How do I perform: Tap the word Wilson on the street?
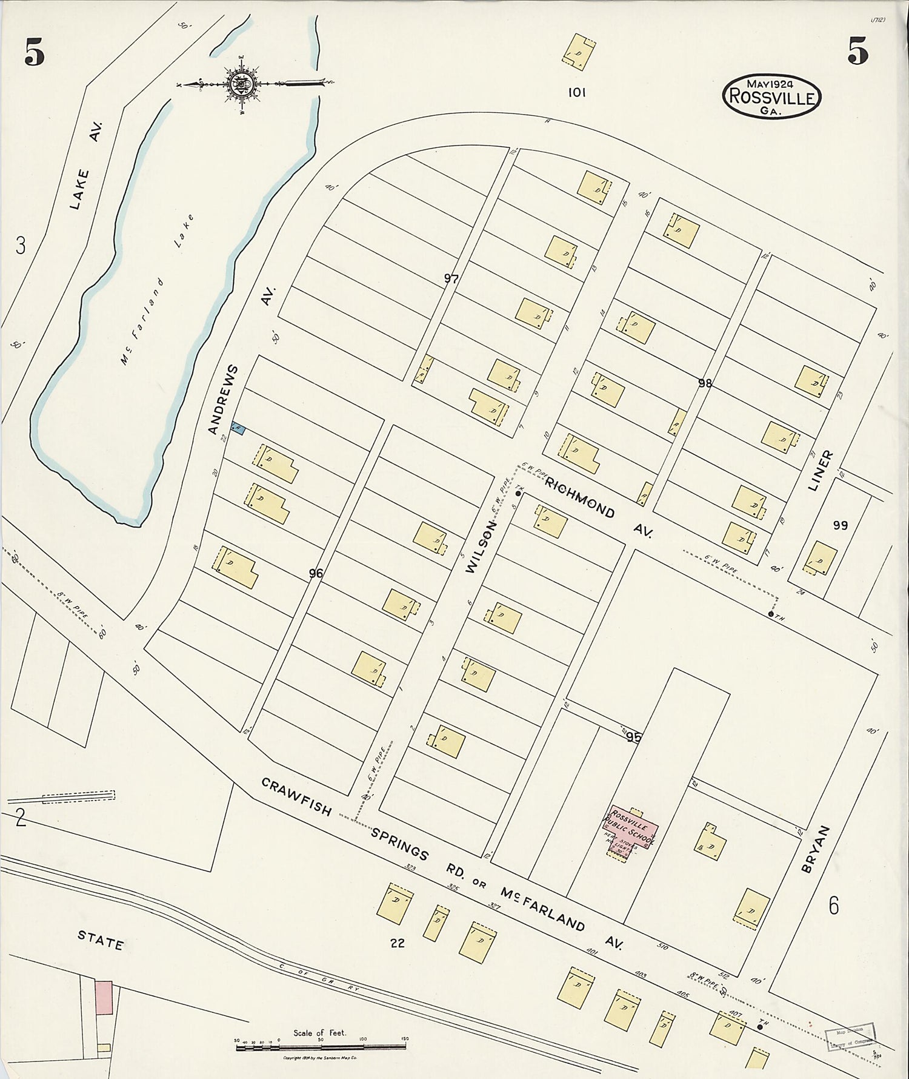click(x=482, y=547)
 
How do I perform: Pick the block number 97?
click(x=451, y=279)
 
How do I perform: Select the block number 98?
click(x=704, y=383)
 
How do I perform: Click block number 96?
click(x=316, y=573)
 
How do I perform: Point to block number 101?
click(x=576, y=93)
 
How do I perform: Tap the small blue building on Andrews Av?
click(x=238, y=429)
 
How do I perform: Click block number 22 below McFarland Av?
click(x=398, y=943)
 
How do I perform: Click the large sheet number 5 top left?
click(x=35, y=53)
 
